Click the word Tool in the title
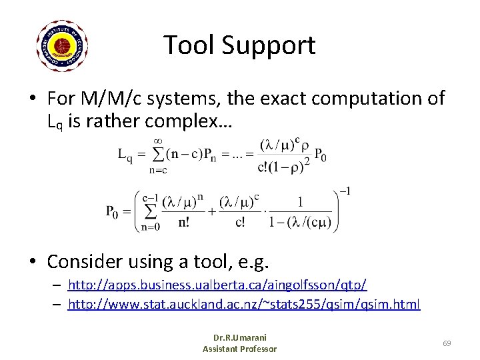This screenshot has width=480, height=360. coord(189,45)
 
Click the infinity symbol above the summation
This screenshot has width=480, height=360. coord(159,141)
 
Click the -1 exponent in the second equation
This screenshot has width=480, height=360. coord(345,191)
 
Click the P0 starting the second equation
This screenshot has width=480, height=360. coord(114,212)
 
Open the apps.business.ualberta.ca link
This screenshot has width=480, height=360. coord(217,285)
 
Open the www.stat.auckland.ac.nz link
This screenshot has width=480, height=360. coord(244,305)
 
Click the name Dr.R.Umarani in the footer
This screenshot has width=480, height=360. coord(239,337)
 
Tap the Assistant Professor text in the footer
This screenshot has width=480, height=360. coord(239,349)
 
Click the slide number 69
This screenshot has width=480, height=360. coord(447,343)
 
